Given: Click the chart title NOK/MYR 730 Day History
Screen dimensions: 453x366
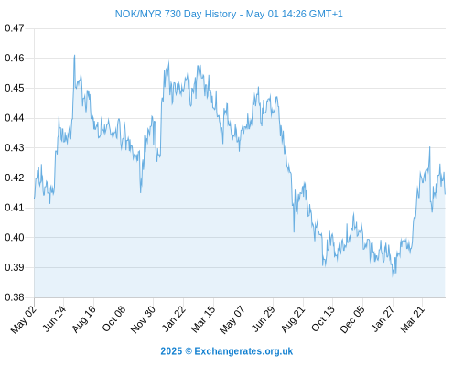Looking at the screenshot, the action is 176,14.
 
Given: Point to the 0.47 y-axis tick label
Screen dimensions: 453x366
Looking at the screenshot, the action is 15,28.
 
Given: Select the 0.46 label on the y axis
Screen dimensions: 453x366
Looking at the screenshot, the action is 15,58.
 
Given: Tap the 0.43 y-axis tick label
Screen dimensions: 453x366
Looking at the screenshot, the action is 15,148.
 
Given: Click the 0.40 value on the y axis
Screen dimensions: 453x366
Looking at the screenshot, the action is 15,237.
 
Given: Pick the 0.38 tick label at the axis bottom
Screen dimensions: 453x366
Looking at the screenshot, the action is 15,297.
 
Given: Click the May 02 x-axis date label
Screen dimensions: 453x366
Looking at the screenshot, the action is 24,319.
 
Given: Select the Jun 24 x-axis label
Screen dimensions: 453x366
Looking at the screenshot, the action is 54,318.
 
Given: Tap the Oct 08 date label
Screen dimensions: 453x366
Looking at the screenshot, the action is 114,318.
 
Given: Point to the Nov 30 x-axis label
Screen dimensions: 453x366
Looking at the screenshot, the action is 144,319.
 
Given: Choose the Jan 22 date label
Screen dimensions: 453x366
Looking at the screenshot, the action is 174,318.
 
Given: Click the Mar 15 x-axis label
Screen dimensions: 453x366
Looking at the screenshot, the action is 203,319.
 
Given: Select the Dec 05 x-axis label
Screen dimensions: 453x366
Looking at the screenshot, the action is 352,319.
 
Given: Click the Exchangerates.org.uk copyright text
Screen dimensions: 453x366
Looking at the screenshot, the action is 227,351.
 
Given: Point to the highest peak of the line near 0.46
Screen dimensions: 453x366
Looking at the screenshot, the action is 74,56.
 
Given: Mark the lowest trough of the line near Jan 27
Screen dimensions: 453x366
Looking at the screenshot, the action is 393,275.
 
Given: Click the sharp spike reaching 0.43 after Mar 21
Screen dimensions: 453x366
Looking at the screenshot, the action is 430,147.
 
